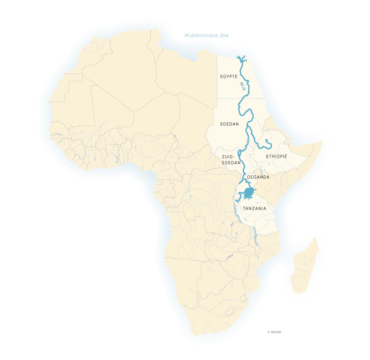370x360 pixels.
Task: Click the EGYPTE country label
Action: click(x=229, y=77)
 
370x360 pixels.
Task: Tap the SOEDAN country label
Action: click(x=229, y=124)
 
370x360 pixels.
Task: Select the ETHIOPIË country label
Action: click(x=276, y=157)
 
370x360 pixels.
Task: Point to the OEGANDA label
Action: click(x=258, y=177)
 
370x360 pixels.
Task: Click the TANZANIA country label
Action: click(x=255, y=209)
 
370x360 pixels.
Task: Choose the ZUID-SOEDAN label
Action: click(x=231, y=159)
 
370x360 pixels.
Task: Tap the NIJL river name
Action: click(x=243, y=87)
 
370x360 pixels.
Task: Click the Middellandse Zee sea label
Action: click(x=206, y=36)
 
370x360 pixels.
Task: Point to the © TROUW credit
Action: click(x=274, y=332)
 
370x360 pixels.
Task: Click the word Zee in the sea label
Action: click(x=223, y=36)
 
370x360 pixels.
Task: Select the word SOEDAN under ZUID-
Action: click(x=231, y=163)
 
